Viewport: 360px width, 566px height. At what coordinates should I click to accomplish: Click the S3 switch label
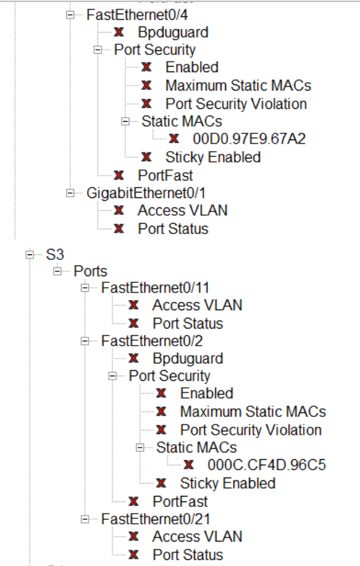[54, 255]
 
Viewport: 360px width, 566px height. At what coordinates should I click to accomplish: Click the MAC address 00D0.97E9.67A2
[249, 139]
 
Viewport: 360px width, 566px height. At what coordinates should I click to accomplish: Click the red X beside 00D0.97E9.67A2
[174, 139]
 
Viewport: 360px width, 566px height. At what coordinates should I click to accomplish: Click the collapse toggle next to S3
[29, 255]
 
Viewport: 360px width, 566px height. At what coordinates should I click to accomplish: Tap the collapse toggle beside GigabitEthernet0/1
[70, 193]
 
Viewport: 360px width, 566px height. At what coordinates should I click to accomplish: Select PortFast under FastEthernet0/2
[180, 501]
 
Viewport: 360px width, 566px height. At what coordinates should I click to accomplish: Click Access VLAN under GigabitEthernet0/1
[182, 210]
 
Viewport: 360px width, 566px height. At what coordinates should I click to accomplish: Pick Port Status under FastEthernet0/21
[187, 554]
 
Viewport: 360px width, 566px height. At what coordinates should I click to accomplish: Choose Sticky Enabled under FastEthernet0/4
[212, 156]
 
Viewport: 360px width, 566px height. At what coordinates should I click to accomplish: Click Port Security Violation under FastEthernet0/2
[250, 430]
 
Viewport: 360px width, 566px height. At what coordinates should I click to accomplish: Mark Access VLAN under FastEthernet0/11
[197, 305]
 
